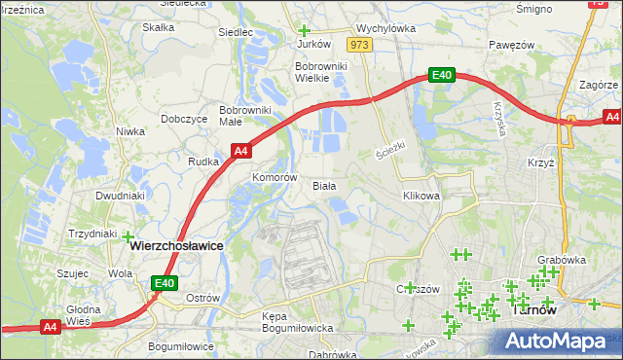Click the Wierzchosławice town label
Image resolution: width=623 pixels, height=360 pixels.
(176, 247)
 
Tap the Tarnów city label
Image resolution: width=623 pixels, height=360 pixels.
(532, 312)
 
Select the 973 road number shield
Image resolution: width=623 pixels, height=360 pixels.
(360, 46)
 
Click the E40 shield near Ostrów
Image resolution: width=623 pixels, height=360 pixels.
(165, 283)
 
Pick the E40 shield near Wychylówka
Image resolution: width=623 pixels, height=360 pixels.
(442, 75)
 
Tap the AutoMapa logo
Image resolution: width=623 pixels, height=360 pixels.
(562, 340)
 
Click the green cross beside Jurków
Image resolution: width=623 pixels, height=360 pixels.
(304, 30)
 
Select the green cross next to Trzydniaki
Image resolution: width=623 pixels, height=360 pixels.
(127, 234)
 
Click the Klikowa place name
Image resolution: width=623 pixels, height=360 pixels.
(421, 196)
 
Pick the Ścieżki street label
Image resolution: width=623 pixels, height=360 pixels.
(389, 152)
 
